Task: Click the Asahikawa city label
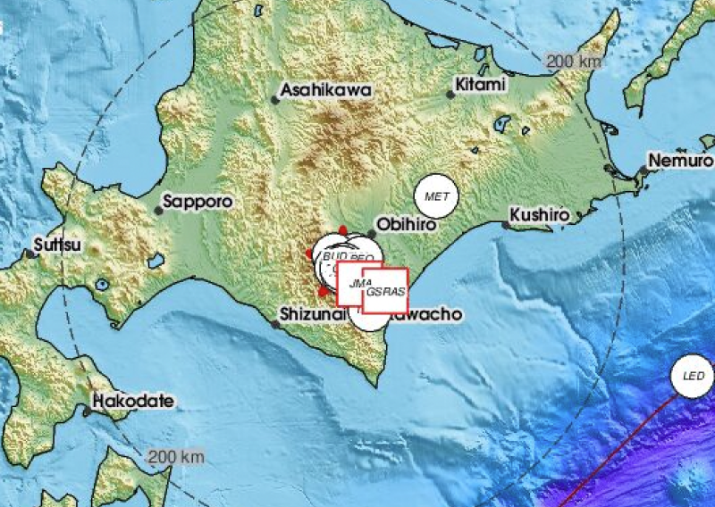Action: [x=325, y=90]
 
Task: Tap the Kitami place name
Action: [x=481, y=85]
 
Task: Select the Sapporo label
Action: [x=198, y=202]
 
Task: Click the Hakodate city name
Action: [x=133, y=402]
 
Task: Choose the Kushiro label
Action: [x=540, y=215]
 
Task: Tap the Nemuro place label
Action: [x=681, y=161]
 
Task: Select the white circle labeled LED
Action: [x=694, y=377]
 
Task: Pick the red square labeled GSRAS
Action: [x=385, y=291]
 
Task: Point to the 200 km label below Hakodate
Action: [x=177, y=456]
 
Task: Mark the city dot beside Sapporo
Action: [x=159, y=211]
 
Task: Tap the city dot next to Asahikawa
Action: [x=275, y=99]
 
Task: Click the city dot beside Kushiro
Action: [x=506, y=225]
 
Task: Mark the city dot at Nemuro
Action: [x=642, y=170]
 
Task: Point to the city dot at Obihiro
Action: [x=371, y=234]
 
